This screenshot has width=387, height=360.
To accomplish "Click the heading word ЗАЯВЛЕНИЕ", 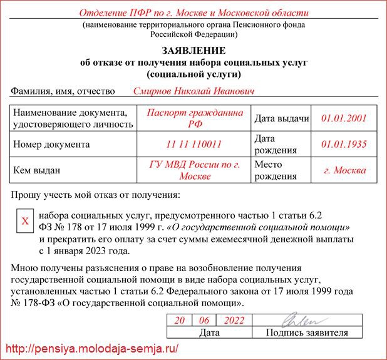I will pos(194,51).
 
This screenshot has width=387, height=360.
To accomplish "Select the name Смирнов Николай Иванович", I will pos(194,91).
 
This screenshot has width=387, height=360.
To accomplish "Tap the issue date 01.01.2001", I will pos(343,118).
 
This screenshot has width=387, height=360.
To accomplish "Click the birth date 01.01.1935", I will pos(343,144).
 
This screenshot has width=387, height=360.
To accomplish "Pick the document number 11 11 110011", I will pos(194,144).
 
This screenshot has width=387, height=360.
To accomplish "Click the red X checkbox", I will pos(25,222).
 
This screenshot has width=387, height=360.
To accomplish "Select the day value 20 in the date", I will pos(180,320).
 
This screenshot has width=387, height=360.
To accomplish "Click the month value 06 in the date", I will pos(204,320).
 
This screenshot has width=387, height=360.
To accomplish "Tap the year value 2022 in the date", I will pos(233,320).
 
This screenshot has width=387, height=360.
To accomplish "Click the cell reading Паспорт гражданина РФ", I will pos(194,118).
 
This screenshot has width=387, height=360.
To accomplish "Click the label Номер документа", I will pos(51,144).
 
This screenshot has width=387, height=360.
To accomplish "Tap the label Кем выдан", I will pos(39,170).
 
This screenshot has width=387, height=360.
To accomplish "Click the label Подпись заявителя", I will pos(307,332).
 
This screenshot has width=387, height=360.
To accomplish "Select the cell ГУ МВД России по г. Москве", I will pos(194,170).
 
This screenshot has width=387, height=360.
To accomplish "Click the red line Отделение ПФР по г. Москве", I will pos(194,13).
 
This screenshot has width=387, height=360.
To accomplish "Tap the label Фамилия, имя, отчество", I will pos(63,91).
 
